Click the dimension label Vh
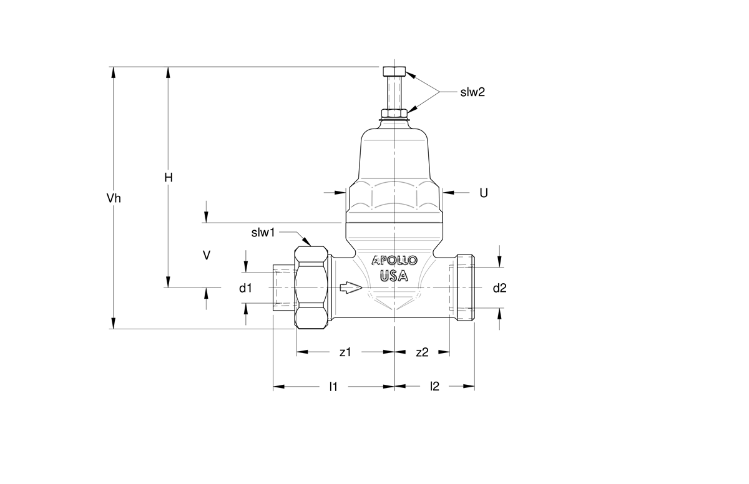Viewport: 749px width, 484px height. click(x=114, y=198)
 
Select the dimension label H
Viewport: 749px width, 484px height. click(x=169, y=178)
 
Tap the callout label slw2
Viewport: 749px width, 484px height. click(x=472, y=92)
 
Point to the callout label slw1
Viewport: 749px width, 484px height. click(x=263, y=233)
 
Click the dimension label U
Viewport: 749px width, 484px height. click(x=484, y=193)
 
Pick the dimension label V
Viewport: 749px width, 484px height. click(x=207, y=255)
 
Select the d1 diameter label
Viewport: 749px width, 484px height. click(x=245, y=288)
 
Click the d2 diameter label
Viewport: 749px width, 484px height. click(x=500, y=288)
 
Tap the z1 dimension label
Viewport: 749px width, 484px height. click(x=345, y=352)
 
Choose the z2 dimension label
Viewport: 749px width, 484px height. click(x=422, y=352)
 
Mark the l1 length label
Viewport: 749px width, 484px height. click(x=333, y=387)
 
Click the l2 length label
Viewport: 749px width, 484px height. click(x=434, y=386)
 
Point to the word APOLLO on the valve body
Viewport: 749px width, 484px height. click(x=394, y=260)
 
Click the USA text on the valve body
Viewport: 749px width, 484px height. click(x=394, y=276)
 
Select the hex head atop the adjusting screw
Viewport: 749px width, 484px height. click(x=394, y=71)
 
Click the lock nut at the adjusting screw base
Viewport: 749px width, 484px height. click(x=394, y=113)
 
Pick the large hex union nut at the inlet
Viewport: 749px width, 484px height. click(x=311, y=288)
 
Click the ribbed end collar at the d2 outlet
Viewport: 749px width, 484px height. click(x=466, y=288)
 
